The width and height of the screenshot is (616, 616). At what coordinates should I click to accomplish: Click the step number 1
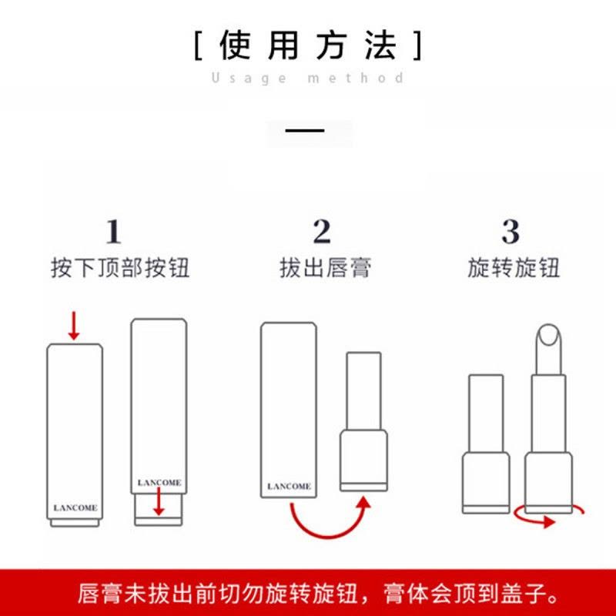[113, 231]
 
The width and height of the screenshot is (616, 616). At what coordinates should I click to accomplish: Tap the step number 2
[321, 231]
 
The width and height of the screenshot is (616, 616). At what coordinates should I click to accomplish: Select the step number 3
[511, 231]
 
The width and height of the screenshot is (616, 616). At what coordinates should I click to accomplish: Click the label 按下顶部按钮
[119, 268]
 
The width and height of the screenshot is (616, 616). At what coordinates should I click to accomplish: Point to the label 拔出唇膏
[325, 268]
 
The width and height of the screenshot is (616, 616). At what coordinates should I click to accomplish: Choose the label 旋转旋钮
[514, 268]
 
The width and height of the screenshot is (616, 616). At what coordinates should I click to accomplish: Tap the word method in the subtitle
[356, 78]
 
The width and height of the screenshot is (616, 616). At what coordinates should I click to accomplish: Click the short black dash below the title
[305, 130]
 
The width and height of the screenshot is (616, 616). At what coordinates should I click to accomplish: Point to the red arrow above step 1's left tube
[74, 325]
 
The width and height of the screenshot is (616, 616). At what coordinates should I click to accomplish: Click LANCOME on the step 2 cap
[289, 487]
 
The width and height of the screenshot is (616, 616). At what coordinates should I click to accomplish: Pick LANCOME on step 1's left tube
[75, 508]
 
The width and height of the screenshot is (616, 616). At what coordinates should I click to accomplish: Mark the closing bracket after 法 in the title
[417, 46]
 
